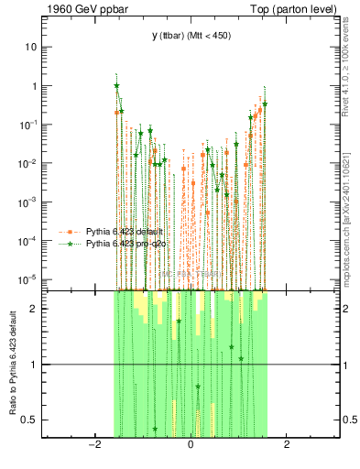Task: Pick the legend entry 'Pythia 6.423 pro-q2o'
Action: tap(126, 244)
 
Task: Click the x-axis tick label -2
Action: tap(93, 445)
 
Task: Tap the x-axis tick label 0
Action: tap(190, 445)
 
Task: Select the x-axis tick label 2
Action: tap(287, 445)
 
